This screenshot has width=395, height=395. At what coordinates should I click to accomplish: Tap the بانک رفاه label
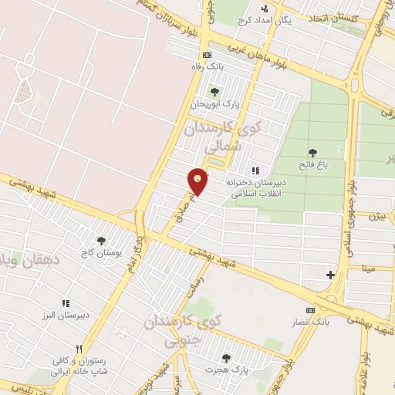(x=207, y=67)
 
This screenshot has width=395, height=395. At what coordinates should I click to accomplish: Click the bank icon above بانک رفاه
(x=207, y=56)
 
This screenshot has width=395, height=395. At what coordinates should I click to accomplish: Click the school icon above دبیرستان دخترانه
(x=255, y=170)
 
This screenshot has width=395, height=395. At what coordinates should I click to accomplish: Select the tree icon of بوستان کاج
(x=101, y=241)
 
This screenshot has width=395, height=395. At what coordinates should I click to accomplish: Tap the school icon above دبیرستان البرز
(x=66, y=303)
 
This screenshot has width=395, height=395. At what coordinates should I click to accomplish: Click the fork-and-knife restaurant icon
(x=78, y=348)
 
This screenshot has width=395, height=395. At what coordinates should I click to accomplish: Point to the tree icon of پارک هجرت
(x=226, y=358)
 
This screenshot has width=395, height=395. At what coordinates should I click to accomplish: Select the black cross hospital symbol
(x=330, y=275)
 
